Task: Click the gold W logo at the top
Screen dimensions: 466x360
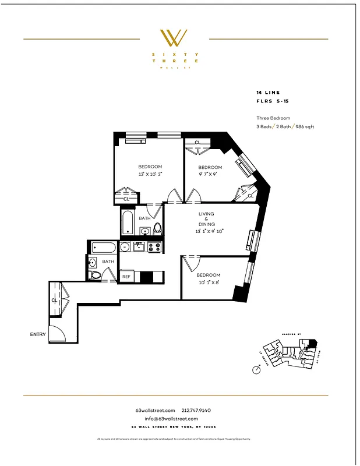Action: coord(174,38)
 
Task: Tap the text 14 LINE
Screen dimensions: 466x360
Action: coord(269,93)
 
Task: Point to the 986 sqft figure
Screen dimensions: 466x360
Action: coord(304,126)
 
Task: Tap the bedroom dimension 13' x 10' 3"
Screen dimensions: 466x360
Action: coord(150,174)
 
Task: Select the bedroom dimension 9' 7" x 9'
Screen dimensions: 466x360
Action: coord(210,174)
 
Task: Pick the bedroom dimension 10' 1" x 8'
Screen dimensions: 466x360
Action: coord(208,283)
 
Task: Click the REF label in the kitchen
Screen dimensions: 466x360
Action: coord(126,277)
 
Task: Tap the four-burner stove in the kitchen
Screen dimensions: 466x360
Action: coord(154,247)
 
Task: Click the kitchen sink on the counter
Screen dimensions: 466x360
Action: coord(139,247)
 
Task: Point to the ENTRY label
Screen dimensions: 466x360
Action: coord(38,335)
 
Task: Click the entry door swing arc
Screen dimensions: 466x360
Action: coord(57,334)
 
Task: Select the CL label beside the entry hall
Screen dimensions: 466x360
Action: coord(54,301)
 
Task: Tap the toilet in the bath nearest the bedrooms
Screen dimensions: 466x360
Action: coord(156,227)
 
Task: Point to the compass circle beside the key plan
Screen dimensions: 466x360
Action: coord(256,369)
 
